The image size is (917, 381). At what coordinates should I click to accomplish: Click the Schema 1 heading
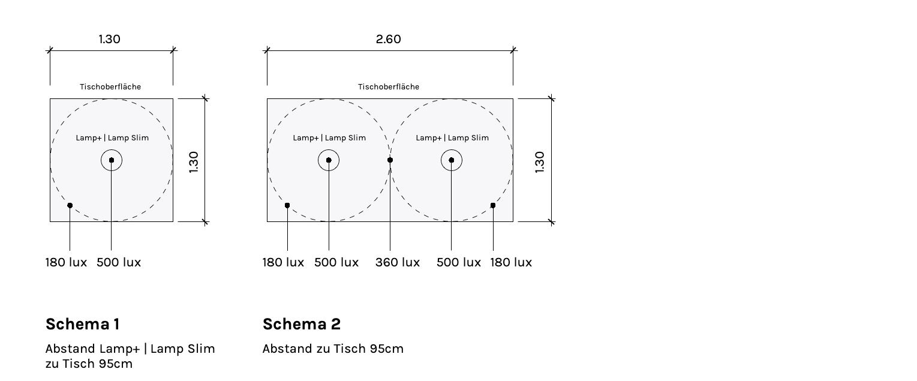click(83, 324)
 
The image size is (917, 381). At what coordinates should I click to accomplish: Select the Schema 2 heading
click(302, 324)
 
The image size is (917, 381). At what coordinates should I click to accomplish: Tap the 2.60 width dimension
click(389, 39)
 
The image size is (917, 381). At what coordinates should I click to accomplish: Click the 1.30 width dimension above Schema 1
click(110, 39)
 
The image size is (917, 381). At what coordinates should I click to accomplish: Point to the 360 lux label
click(398, 262)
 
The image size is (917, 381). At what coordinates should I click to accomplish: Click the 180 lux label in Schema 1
click(66, 262)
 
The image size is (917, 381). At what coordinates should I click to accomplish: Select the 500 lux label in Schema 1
click(119, 262)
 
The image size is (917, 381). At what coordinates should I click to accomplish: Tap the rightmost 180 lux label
click(511, 262)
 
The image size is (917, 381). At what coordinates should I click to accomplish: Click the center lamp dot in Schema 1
click(112, 160)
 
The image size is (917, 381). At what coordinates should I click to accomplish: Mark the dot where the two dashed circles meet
click(390, 160)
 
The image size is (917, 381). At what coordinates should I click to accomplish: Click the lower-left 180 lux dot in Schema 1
click(70, 205)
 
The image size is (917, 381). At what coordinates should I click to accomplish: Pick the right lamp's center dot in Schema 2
click(452, 160)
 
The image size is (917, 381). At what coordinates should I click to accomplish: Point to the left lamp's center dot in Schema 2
click(329, 160)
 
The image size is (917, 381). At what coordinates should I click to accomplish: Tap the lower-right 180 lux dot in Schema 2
click(493, 205)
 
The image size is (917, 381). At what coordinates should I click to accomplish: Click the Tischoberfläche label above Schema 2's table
click(389, 87)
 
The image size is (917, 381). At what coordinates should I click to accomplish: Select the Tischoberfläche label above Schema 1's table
click(110, 87)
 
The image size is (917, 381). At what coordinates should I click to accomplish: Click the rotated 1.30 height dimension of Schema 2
click(539, 162)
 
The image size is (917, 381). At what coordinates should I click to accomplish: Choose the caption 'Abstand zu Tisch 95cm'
click(333, 349)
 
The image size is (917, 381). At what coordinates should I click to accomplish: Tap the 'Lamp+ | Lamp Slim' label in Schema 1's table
click(112, 138)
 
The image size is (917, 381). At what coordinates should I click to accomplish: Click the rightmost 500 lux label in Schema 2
click(459, 262)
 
